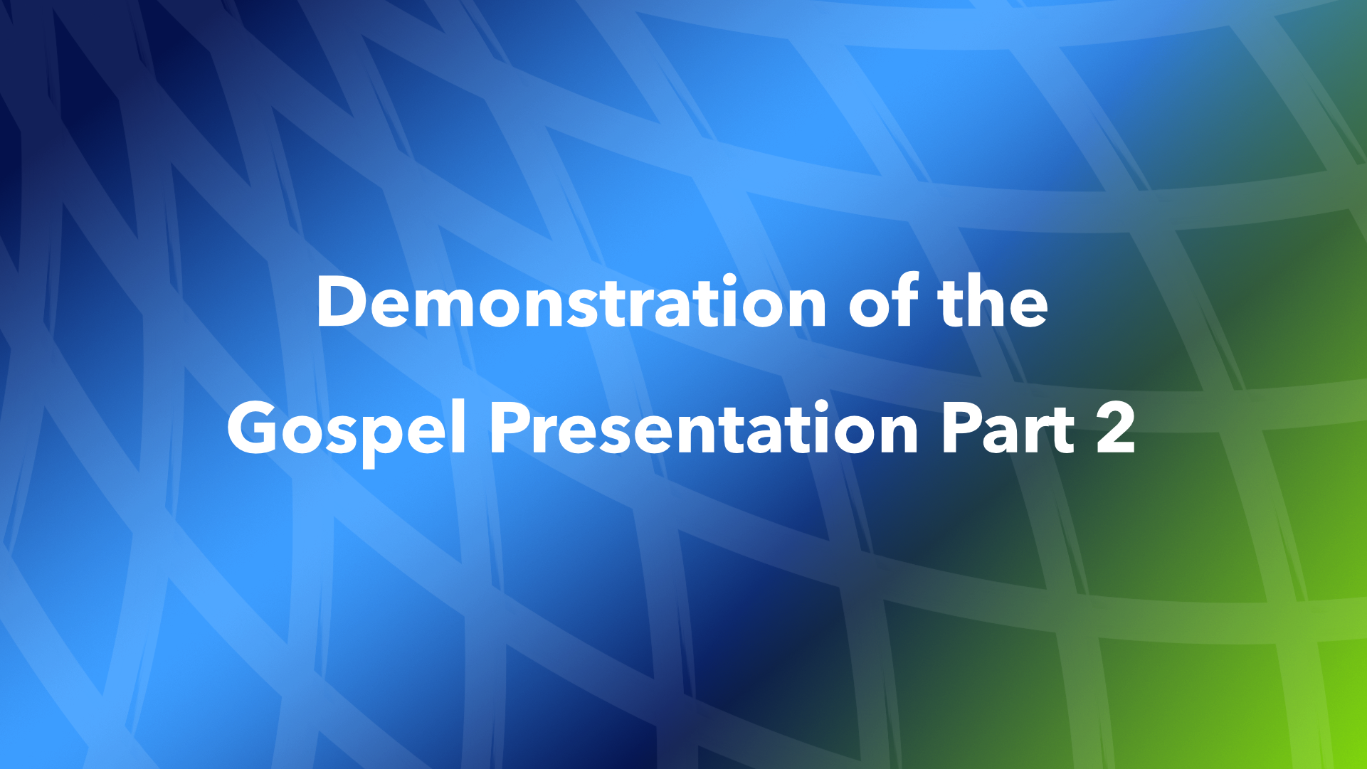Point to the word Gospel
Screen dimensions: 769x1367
pos(347,429)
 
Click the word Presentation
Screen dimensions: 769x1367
pos(704,429)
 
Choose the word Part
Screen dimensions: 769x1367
pos(1008,429)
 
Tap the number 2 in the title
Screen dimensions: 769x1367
pos(1115,429)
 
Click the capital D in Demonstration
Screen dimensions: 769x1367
pos(341,302)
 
